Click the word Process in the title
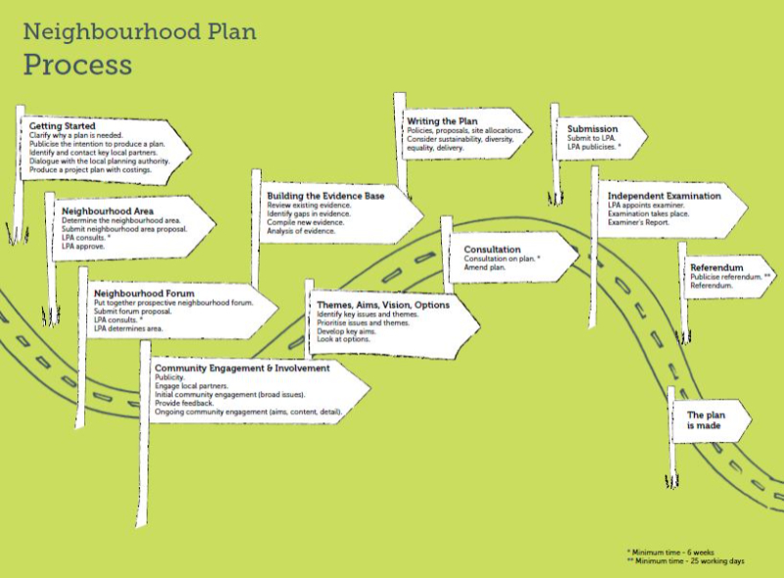click(77, 66)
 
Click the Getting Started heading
click(62, 126)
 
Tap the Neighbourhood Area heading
click(108, 211)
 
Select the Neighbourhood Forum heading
click(144, 294)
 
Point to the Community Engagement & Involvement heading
click(242, 368)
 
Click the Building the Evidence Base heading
click(325, 196)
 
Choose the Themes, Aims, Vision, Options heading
click(383, 305)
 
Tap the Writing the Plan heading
click(442, 121)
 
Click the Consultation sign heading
click(492, 249)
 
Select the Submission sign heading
click(593, 129)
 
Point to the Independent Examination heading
click(664, 196)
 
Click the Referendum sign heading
click(716, 267)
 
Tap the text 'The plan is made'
click(705, 420)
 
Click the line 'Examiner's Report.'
click(638, 222)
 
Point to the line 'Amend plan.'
click(484, 267)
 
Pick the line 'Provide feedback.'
click(184, 403)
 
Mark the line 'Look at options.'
click(343, 339)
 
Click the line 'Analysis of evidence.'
click(301, 231)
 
